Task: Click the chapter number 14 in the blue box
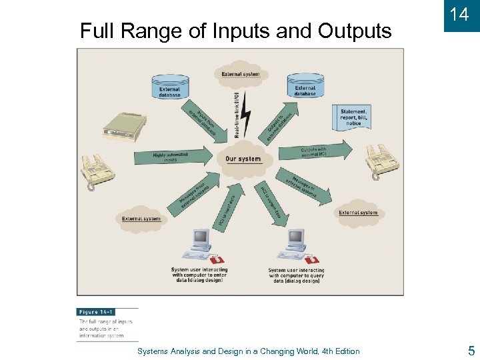459,14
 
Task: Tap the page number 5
471,351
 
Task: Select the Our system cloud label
243,159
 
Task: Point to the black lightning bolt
246,113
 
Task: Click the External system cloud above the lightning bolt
241,74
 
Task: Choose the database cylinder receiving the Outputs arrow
305,85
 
